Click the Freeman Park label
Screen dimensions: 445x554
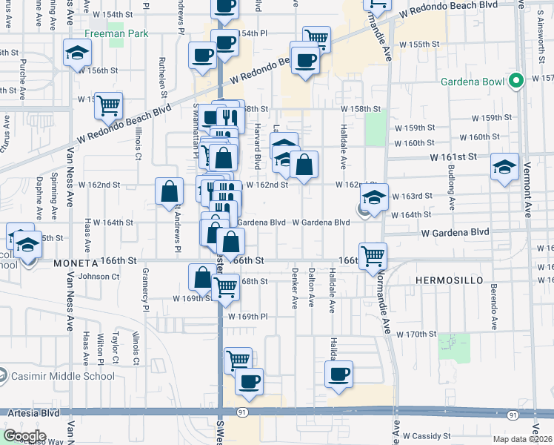point(116,33)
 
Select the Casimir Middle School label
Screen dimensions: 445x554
point(50,372)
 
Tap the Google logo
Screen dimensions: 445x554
point(24,436)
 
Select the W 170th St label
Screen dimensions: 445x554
point(415,334)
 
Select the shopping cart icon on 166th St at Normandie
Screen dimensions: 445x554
point(373,256)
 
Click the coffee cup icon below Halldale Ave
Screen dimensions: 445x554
point(338,374)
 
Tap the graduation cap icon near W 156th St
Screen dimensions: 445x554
point(76,54)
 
